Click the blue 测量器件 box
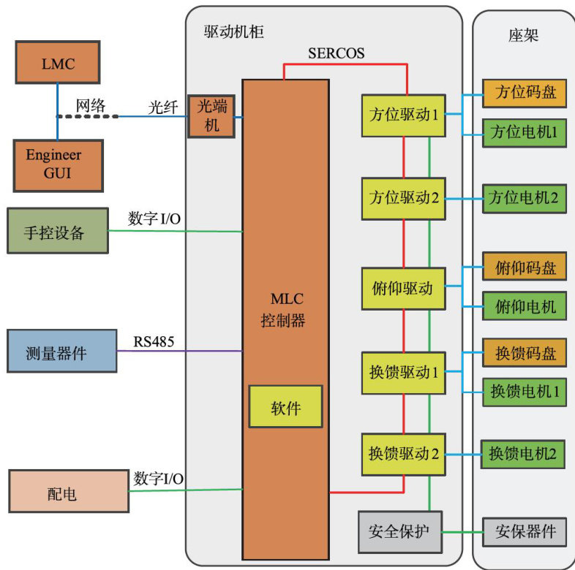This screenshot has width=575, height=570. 61,352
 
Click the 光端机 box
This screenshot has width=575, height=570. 211,115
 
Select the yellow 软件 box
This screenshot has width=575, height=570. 285,406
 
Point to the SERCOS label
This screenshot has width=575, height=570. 336,53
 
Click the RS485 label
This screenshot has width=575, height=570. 154,340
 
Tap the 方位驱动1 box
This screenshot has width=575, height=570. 403,115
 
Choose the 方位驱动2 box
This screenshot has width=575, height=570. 403,197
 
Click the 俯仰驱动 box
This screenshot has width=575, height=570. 403,288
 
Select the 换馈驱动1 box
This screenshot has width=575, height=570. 403,372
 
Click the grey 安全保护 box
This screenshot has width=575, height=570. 400,531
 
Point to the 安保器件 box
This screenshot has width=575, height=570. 525,531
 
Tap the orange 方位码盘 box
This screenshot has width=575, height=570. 525,93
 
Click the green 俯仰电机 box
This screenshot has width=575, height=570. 525,305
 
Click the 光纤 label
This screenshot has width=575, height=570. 163,106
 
